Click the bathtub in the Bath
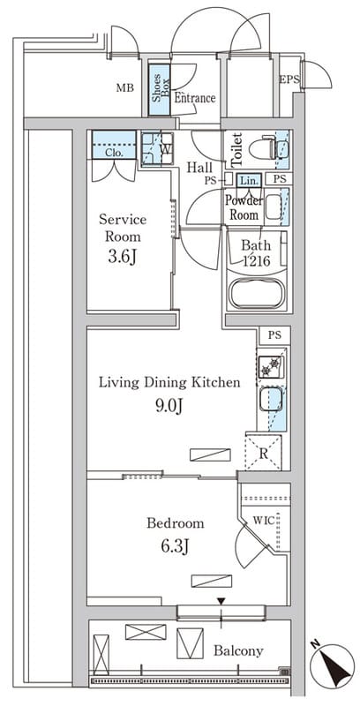tap(257, 293)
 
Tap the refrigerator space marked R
tap(263, 453)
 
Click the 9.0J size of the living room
tap(168, 407)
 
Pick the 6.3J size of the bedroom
tap(174, 546)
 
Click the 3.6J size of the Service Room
tap(122, 257)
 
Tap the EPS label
tap(289, 80)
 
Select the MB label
tap(125, 87)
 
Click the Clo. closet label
tap(113, 152)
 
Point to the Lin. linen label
tap(249, 181)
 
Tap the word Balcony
tap(238, 650)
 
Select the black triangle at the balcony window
tap(221, 601)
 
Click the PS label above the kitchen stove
tap(274, 335)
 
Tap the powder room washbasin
tap(273, 207)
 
